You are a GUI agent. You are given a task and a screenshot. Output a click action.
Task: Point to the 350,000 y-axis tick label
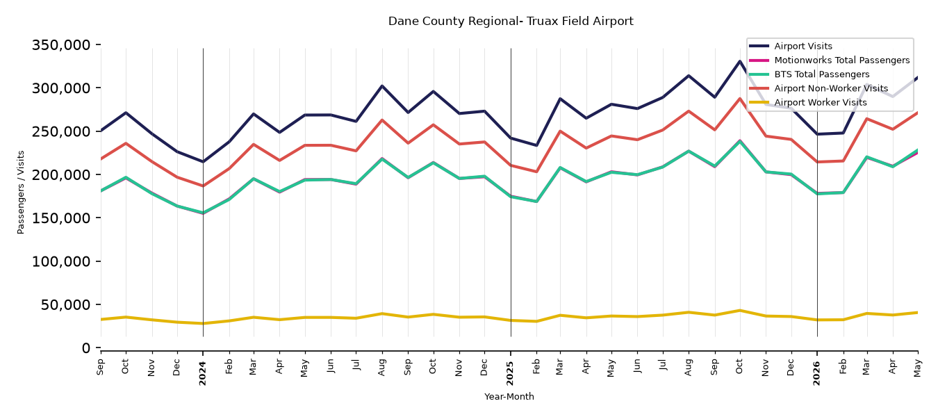pos(61,44)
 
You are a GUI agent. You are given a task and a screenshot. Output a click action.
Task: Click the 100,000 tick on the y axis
pos(61,261)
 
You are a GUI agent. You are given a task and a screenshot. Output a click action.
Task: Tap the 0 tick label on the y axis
pos(86,348)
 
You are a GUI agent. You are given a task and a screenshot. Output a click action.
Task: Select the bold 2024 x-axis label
pos(203,373)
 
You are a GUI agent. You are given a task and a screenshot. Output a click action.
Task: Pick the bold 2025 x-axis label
pos(510,373)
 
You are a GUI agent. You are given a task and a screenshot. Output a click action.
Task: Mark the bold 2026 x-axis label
pos(816,373)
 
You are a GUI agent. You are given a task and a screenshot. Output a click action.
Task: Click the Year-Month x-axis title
pos(509,396)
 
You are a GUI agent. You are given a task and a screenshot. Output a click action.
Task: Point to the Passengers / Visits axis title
pos(21,193)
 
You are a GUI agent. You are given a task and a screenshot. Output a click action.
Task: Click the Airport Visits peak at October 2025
pos(740,61)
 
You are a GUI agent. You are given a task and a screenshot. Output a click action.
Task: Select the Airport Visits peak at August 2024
pos(382,85)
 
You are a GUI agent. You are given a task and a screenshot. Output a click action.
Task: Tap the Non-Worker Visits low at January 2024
pos(203,186)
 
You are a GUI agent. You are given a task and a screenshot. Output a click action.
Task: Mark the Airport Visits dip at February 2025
pos(536,145)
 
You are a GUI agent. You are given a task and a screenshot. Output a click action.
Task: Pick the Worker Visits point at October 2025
pos(740,311)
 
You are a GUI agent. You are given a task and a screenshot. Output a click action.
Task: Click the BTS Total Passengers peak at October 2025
pos(740,142)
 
